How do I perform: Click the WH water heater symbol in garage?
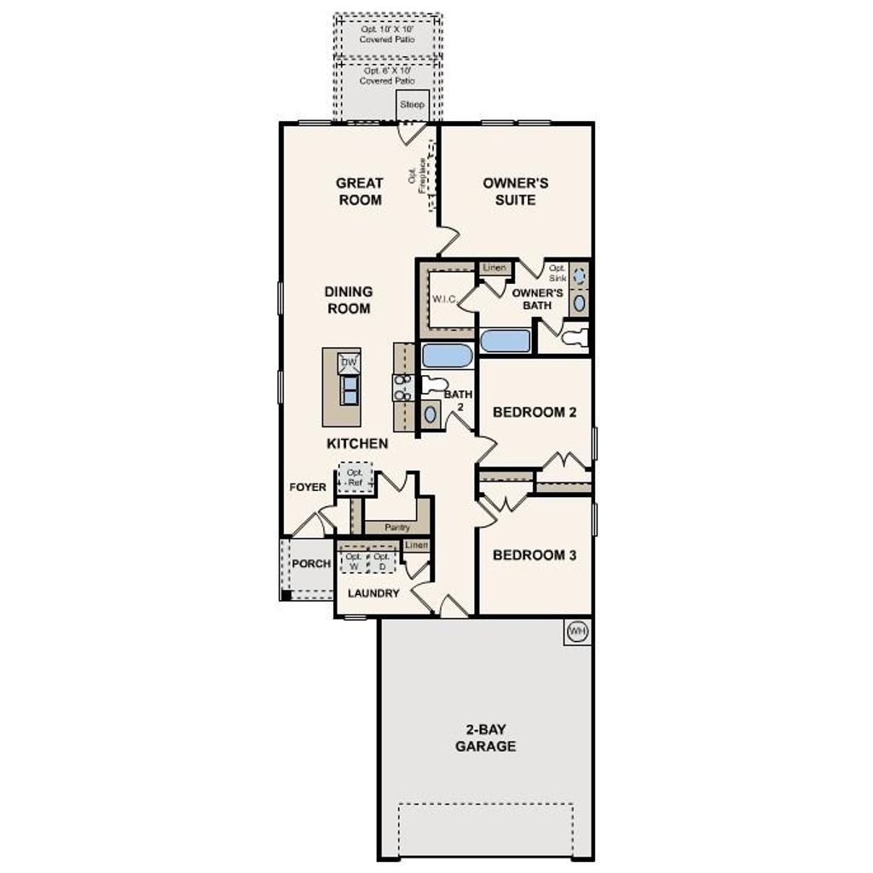pos(577,632)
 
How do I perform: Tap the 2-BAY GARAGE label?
pos(485,738)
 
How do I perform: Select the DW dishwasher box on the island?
pos(349,362)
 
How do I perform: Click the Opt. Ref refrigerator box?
pos(355,477)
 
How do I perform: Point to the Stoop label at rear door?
pos(412,105)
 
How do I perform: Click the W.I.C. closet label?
pos(445,299)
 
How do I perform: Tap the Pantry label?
pos(397,528)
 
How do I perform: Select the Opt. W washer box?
pos(354,561)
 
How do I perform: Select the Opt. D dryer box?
pos(382,561)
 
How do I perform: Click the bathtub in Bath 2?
pos(447,356)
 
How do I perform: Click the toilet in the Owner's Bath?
pos(575,337)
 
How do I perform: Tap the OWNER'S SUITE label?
pos(515,192)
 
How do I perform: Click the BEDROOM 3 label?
pos(535,555)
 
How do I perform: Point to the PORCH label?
pos(310,564)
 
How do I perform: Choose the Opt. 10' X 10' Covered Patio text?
pos(388,34)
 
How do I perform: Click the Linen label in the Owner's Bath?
pos(494,268)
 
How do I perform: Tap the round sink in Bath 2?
pos(431,414)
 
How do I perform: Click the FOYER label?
pos(308,487)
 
